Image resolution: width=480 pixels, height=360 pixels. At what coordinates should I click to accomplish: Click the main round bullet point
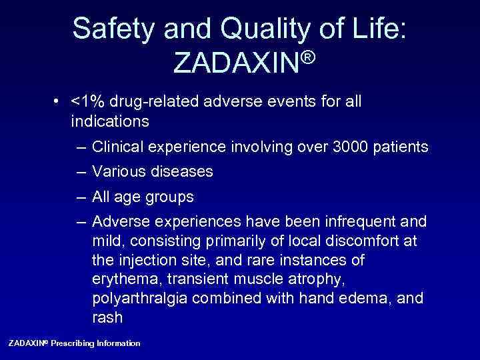pos(60,102)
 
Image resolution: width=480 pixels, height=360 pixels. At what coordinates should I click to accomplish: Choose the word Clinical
pos(116,147)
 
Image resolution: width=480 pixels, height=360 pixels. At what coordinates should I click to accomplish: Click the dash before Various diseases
pos(81,172)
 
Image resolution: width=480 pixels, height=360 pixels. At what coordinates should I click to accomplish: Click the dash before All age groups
pos(81,197)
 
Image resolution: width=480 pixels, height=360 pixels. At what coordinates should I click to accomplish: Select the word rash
pos(107,317)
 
